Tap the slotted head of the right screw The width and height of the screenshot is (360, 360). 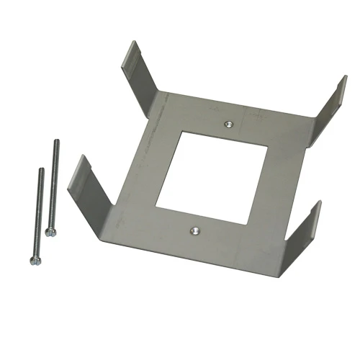[x=49, y=232]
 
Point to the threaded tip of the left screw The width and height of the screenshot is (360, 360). [x=41, y=170]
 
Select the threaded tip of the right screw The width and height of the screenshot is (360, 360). [x=55, y=142]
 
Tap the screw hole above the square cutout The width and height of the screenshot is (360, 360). [x=228, y=124]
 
